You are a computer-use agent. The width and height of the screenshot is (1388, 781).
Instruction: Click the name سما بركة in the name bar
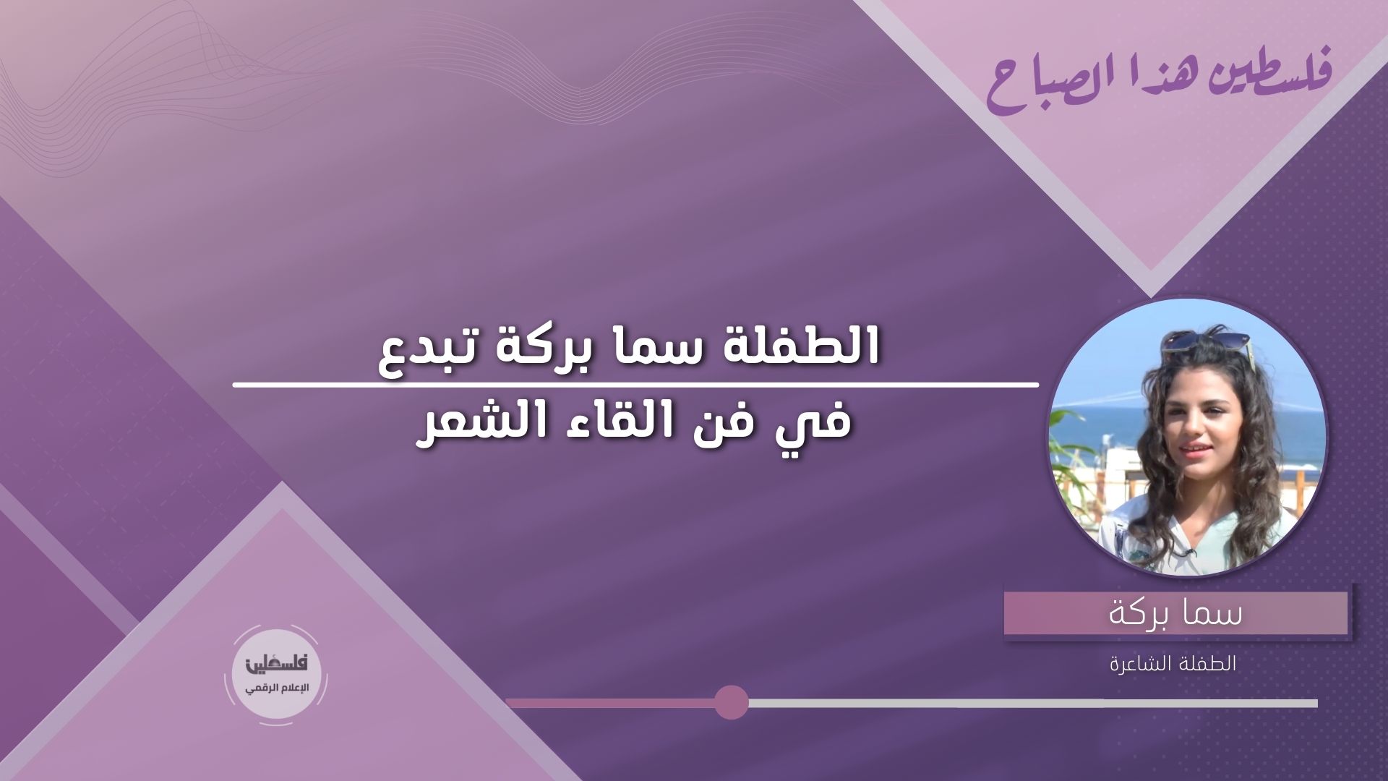pyautogui.click(x=1176, y=614)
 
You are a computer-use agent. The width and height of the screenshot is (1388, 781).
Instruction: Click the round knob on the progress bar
pyautogui.click(x=731, y=702)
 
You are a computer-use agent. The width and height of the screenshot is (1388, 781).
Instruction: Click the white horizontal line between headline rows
pyautogui.click(x=635, y=383)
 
